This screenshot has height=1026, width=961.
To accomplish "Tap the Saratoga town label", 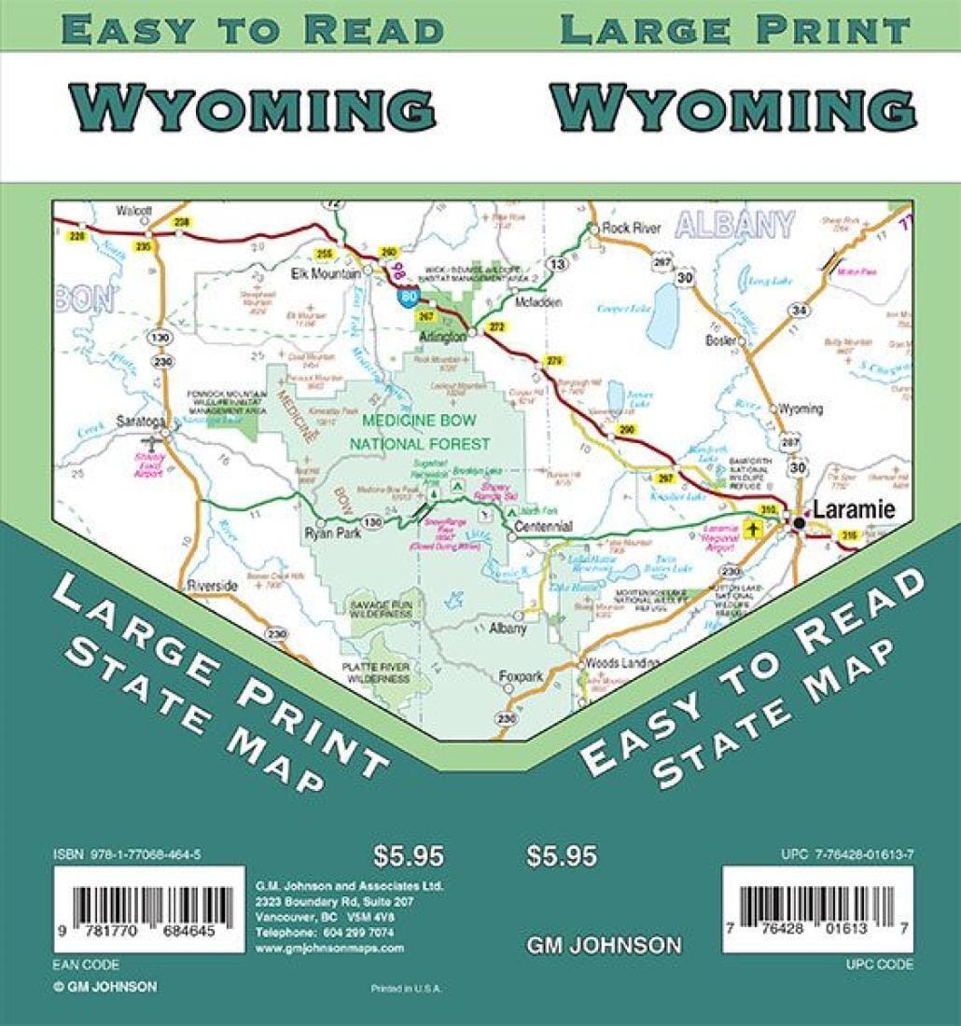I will (138, 422).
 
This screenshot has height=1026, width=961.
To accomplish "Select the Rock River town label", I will (632, 228).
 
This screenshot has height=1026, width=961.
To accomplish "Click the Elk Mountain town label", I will (326, 274).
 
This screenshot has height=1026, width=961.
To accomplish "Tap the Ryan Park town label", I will (320, 534).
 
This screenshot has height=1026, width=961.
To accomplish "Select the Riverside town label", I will (213, 585).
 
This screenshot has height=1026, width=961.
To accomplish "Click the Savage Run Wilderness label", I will (381, 609).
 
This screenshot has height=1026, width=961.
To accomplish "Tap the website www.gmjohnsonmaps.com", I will (329, 947).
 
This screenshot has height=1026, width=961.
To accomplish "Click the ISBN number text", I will (128, 853).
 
